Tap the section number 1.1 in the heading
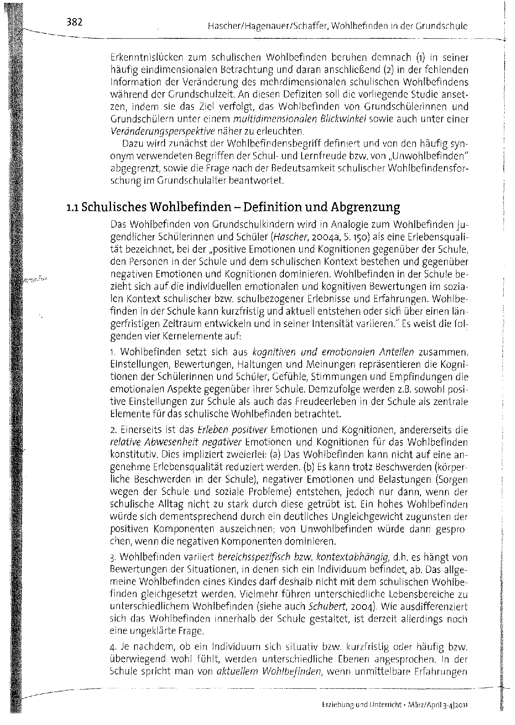click(x=73, y=207)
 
